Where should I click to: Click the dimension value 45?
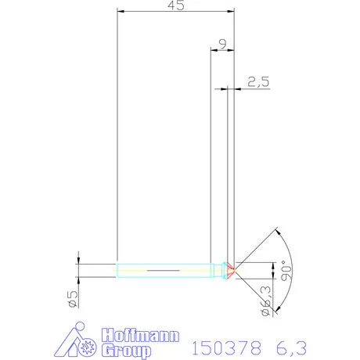click(176, 5)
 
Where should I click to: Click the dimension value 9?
click(223, 44)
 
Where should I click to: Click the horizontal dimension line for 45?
click(175, 12)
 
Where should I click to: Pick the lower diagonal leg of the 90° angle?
click(258, 290)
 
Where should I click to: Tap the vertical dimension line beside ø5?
click(80, 270)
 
